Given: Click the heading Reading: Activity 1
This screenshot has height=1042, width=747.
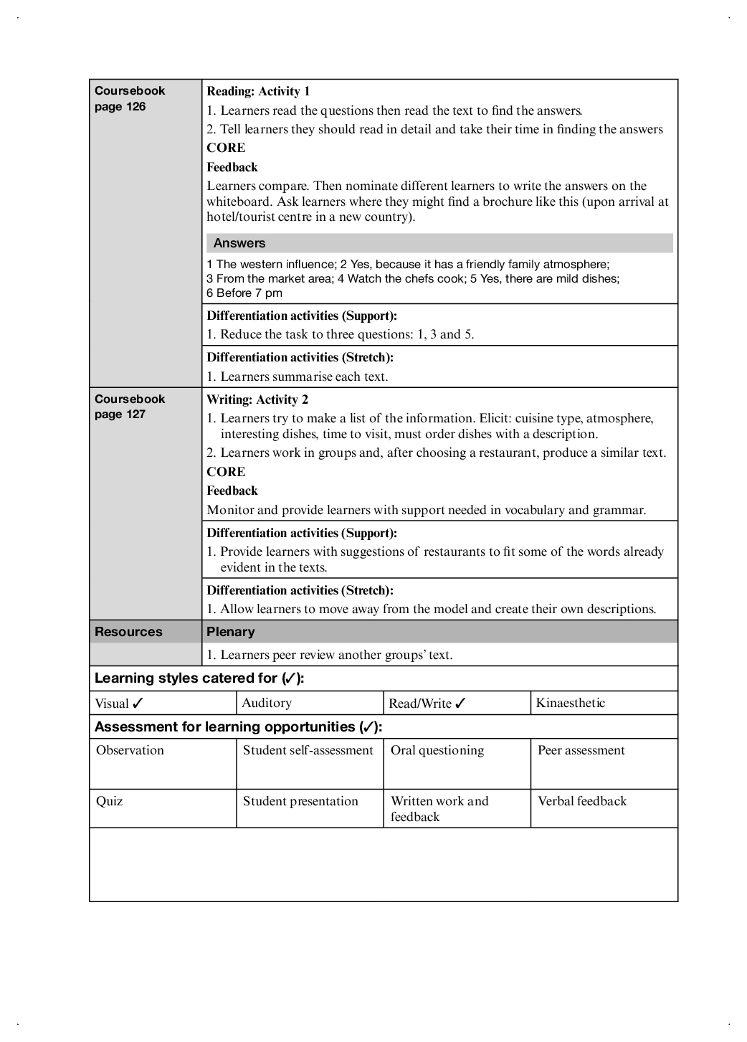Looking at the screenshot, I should tap(258, 91).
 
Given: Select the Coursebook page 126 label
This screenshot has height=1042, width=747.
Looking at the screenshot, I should tap(130, 98).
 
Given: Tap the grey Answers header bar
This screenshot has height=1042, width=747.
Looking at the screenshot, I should tap(439, 243).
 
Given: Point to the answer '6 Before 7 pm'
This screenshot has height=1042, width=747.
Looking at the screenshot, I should tap(244, 293).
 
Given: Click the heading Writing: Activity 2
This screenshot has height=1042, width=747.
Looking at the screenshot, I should tap(257, 399).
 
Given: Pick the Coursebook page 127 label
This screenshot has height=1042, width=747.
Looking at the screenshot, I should tap(130, 407).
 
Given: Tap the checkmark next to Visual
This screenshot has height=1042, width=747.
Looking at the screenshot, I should tap(138, 704).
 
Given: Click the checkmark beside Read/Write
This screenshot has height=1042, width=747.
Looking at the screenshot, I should tap(460, 704).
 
